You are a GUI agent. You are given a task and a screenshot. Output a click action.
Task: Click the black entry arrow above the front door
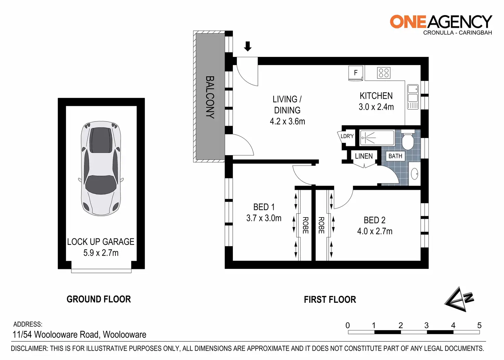pyautogui.click(x=248, y=46)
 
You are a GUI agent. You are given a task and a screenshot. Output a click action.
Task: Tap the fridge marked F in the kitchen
pyautogui.click(x=356, y=73)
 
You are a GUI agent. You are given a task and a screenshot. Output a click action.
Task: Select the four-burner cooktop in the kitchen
pyautogui.click(x=383, y=73)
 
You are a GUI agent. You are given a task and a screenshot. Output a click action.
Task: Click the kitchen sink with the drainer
pyautogui.click(x=413, y=97)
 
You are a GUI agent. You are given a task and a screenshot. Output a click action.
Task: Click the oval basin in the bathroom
pyautogui.click(x=414, y=174)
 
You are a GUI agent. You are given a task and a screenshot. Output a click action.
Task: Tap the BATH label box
pyautogui.click(x=395, y=156)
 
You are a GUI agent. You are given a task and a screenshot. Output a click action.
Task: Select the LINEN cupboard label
pyautogui.click(x=364, y=156)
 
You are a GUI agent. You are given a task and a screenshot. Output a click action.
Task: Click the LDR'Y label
pyautogui.click(x=347, y=136)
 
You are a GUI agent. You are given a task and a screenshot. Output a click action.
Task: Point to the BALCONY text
pyautogui.click(x=210, y=97)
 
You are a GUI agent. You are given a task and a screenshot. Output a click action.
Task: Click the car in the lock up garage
pyautogui.click(x=101, y=169)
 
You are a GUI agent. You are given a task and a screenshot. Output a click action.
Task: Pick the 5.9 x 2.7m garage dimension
pyautogui.click(x=101, y=253)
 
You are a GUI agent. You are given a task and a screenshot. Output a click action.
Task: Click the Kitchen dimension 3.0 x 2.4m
pyautogui.click(x=376, y=107)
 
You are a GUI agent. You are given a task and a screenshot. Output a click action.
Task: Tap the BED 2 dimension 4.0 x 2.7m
pyautogui.click(x=375, y=231)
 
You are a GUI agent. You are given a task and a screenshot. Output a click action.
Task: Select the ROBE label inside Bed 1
pyautogui.click(x=305, y=225)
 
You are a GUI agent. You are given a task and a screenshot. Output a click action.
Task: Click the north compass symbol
pyautogui.click(x=459, y=299)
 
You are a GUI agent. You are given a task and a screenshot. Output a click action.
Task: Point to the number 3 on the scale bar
pyautogui.click(x=427, y=325)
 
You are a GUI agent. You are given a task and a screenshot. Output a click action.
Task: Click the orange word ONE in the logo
pyautogui.click(x=407, y=22)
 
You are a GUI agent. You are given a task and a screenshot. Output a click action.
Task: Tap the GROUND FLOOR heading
pyautogui.click(x=99, y=299)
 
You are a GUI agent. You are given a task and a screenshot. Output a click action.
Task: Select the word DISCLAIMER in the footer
pyautogui.click(x=29, y=349)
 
